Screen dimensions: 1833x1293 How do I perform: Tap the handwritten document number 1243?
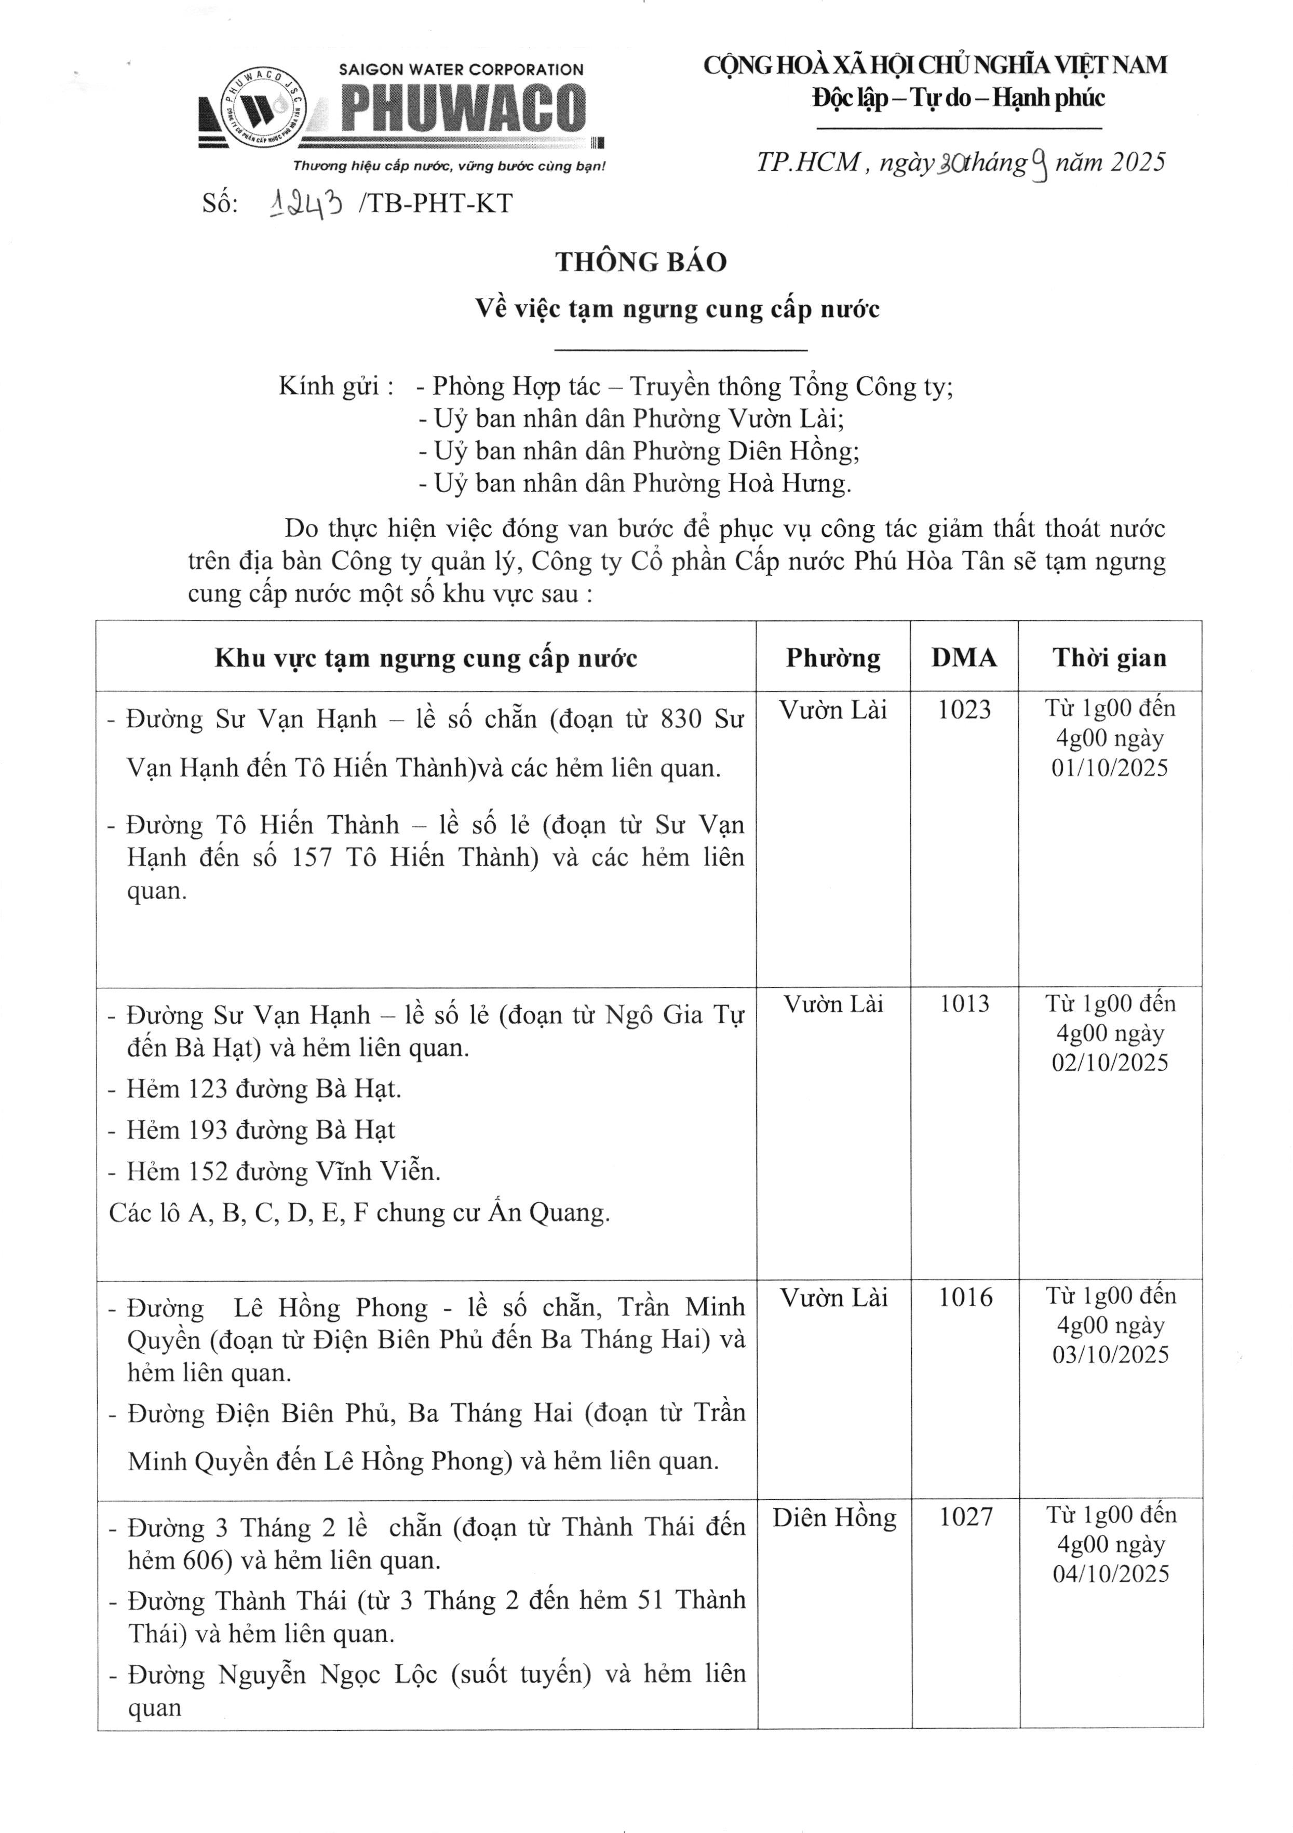coord(307,205)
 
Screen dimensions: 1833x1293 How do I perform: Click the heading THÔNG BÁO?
coord(641,263)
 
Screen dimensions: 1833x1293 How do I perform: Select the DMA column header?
coord(963,658)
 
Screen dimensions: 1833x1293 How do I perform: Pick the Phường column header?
coord(833,658)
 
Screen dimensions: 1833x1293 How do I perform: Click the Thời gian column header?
coord(1109,658)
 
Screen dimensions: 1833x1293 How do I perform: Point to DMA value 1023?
coord(964,710)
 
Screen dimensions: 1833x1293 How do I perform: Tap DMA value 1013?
coord(964,1003)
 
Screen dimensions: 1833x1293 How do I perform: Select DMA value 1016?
coord(965,1297)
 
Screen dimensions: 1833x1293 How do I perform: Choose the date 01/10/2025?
coord(1109,768)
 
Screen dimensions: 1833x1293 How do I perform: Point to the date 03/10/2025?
coord(1110,1355)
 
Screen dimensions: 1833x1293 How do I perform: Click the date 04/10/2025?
coord(1110,1574)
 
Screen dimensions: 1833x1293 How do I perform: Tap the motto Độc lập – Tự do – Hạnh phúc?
coord(959,98)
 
